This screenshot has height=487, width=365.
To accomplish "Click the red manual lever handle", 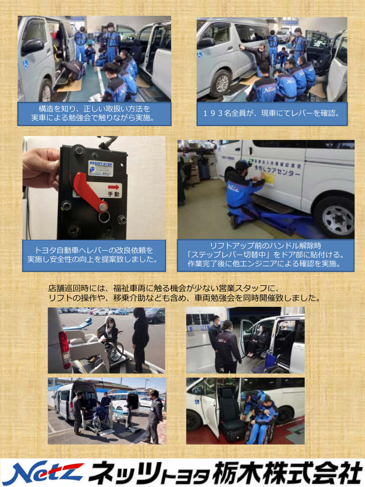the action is tap(88, 192).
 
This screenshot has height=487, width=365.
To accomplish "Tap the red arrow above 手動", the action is tap(113, 187).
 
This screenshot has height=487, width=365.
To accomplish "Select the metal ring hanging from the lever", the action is tap(104, 216).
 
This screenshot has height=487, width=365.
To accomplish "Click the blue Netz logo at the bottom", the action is tap(43, 473).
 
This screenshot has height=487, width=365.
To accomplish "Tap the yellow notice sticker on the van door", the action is tap(269, 179).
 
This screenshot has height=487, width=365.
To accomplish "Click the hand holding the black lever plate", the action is tap(41, 168).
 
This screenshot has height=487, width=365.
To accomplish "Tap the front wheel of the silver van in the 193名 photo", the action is tap(221, 83).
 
